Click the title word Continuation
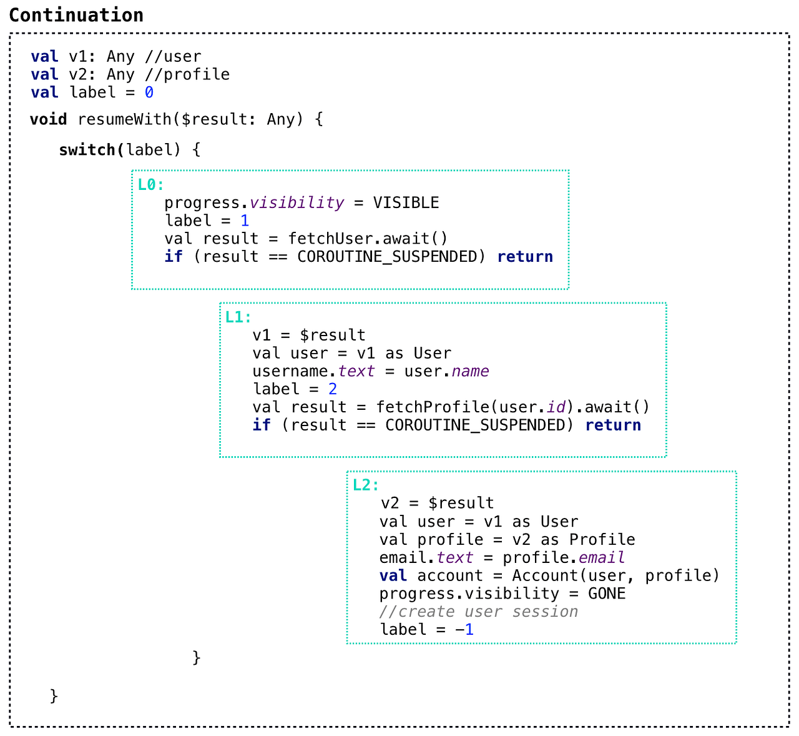coord(76,15)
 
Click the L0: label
coord(150,185)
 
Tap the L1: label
coord(238,317)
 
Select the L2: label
coord(365,485)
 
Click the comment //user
coord(173,57)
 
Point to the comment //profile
coord(187,75)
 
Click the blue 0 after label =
coord(149,93)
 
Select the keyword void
coord(48,119)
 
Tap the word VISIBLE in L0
coord(406,203)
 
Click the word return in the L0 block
coord(525,257)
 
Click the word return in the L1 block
coord(613,425)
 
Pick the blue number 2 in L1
coord(333,389)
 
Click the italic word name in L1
coord(470,371)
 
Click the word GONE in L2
coord(607,594)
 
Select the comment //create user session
coord(478,612)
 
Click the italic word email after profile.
coord(601,557)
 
